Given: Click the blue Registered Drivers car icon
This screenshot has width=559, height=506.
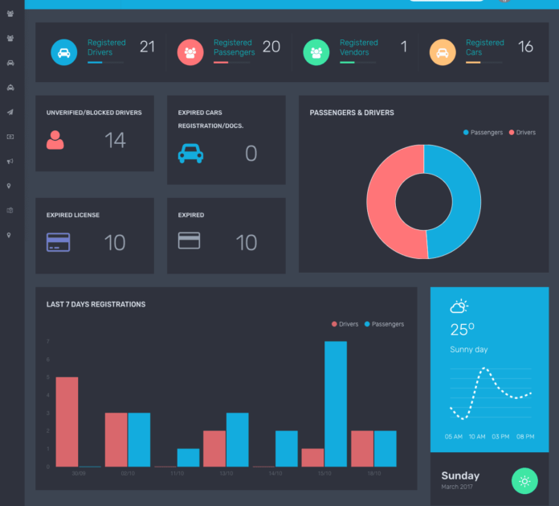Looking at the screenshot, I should tap(64, 51).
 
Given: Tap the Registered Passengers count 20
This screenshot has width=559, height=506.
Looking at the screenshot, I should tap(271, 47).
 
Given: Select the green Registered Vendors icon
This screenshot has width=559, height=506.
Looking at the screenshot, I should tap(316, 51).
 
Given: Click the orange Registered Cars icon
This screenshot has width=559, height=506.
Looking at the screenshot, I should tap(442, 51).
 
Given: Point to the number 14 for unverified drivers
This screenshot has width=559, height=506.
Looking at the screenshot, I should tap(115, 141).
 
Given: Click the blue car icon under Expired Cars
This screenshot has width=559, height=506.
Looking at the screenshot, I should tap(190, 153).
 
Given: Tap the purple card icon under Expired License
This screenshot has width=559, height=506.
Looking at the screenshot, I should tap(58, 241).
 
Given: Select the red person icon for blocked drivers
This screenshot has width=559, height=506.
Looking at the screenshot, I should tap(55, 140).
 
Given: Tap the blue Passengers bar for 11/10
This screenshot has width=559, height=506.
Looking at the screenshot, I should tap(188, 457).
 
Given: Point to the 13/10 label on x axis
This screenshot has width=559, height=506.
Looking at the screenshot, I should tap(226, 474).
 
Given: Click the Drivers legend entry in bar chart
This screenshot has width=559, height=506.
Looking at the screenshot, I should tap(345, 324).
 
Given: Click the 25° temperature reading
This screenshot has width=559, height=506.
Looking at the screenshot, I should tap(462, 330).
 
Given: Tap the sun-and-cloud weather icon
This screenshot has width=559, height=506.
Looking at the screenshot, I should tap(459, 306).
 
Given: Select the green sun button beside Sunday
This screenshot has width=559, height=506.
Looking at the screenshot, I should tap(524, 480).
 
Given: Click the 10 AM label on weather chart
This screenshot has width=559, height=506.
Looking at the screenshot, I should tap(477, 436).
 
